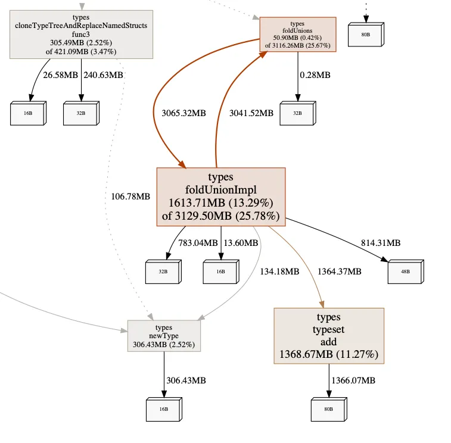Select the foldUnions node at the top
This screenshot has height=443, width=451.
pyautogui.click(x=297, y=35)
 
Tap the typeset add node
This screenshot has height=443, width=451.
pyautogui.click(x=328, y=336)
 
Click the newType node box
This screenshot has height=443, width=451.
pyautogui.click(x=164, y=336)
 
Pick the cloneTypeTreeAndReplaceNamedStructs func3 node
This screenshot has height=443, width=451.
pyautogui.click(x=81, y=35)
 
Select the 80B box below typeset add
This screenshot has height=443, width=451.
pyautogui.click(x=328, y=409)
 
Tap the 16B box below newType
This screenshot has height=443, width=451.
pyautogui.click(x=163, y=409)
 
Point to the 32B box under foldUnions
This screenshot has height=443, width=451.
pyautogui.click(x=297, y=113)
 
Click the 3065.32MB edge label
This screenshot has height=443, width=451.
pyautogui.click(x=183, y=113)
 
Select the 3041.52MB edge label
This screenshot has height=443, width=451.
pyautogui.click(x=251, y=113)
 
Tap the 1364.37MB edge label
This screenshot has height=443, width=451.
pyautogui.click(x=339, y=272)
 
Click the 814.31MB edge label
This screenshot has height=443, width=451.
pyautogui.click(x=381, y=243)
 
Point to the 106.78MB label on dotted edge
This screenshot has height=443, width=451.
pyautogui.click(x=130, y=196)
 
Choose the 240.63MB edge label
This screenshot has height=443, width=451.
pyautogui.click(x=104, y=75)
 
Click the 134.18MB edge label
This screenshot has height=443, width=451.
pyautogui.click(x=279, y=272)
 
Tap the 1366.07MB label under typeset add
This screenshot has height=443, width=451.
pyautogui.click(x=354, y=380)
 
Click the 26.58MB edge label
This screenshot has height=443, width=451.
pyautogui.click(x=59, y=75)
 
